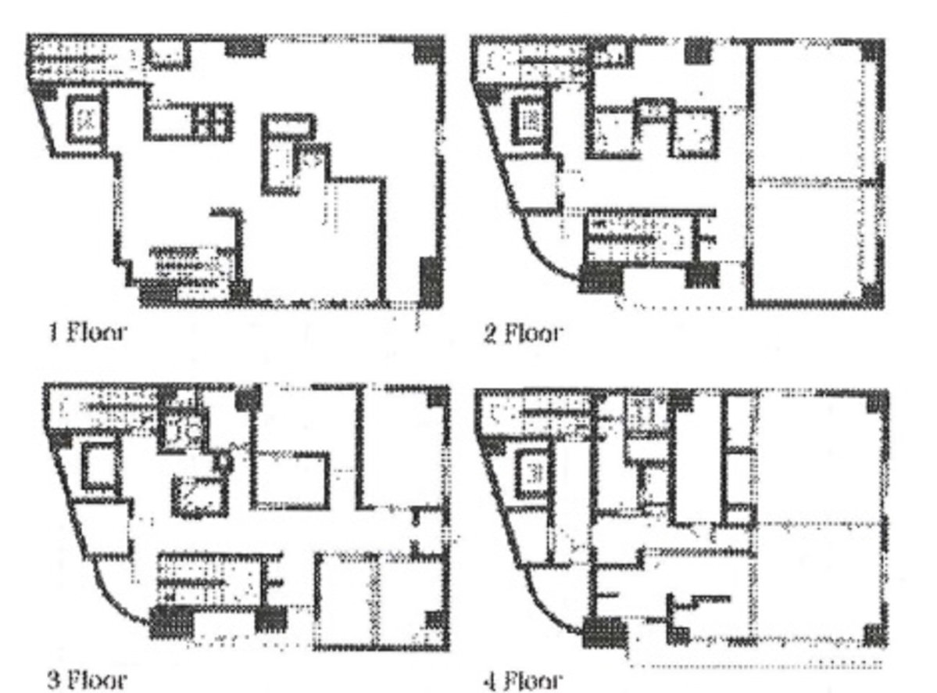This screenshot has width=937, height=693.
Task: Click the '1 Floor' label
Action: pos(88,332)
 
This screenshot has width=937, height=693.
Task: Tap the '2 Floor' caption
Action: pos(523,332)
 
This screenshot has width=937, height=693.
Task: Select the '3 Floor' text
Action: pos(88,679)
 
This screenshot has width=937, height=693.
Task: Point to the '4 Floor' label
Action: pos(523,680)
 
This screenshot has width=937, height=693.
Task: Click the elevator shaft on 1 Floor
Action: pos(86,119)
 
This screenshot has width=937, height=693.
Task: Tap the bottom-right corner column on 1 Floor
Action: pos(431,281)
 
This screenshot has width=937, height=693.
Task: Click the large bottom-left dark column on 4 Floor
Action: pos(604,633)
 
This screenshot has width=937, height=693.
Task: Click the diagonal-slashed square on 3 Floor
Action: pos(199,497)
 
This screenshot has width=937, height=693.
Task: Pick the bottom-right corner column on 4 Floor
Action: pos(875,635)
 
